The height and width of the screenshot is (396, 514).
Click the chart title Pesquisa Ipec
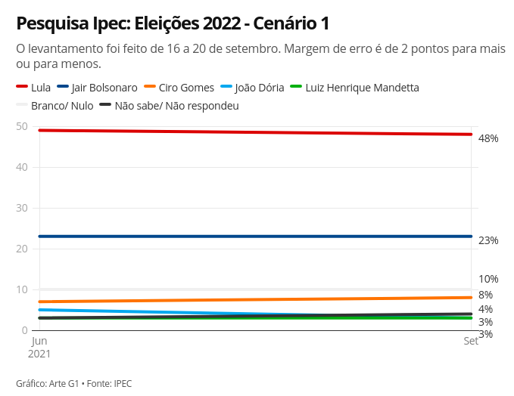click(x=173, y=23)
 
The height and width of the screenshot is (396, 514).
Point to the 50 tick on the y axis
click(x=22, y=126)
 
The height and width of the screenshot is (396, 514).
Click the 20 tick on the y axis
click(x=22, y=249)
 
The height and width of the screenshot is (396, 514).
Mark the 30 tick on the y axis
click(x=22, y=208)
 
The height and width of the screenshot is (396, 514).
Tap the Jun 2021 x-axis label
click(x=39, y=347)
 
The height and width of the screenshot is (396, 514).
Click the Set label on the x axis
click(x=470, y=342)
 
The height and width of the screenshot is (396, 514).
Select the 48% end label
click(x=488, y=138)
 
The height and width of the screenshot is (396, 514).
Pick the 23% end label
click(x=488, y=240)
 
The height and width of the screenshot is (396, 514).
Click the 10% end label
click(x=488, y=279)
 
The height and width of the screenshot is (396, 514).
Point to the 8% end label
click(x=485, y=295)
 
